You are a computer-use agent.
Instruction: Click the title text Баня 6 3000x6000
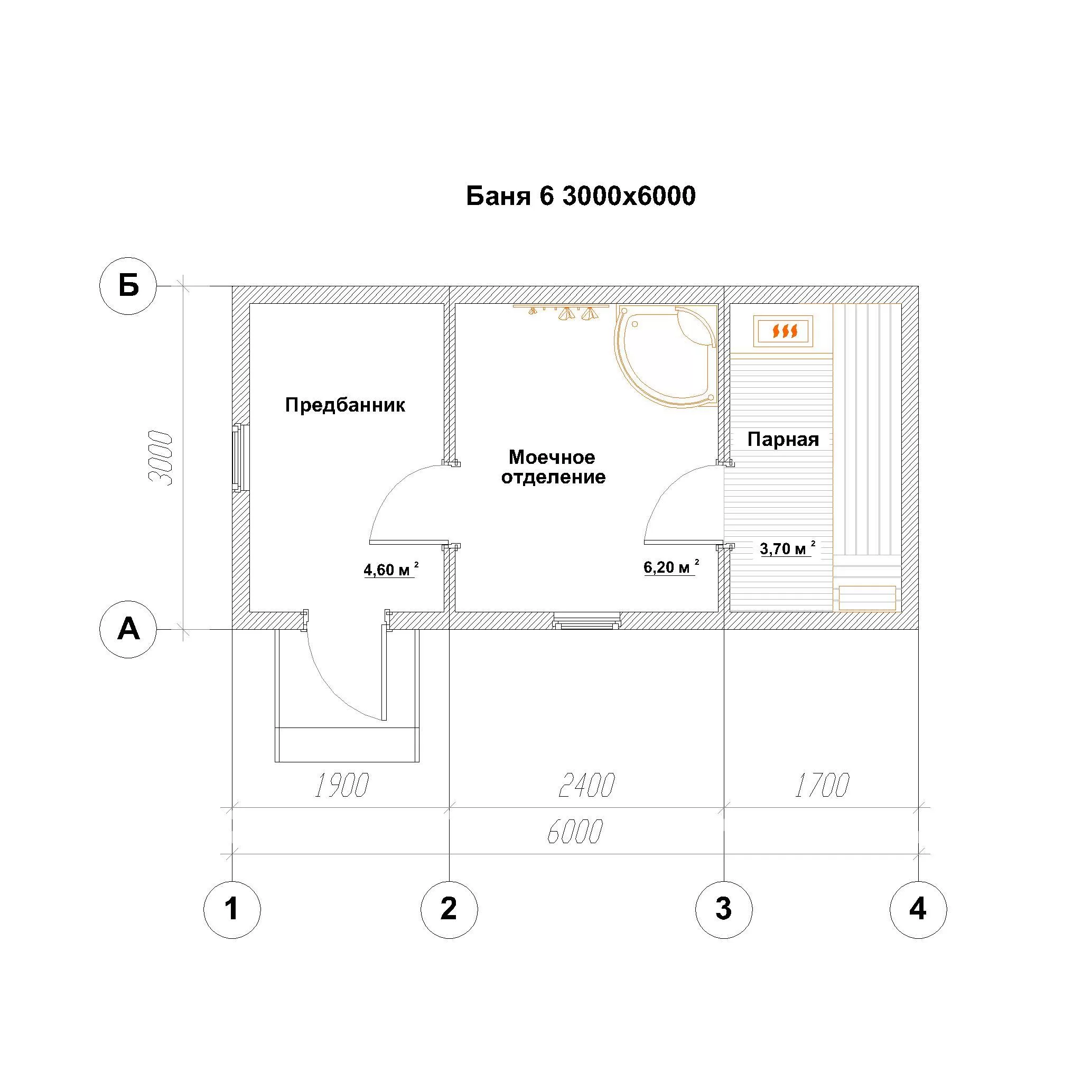click(581, 196)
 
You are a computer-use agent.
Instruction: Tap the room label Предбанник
click(345, 404)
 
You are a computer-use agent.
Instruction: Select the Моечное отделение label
click(553, 467)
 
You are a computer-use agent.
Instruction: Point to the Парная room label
click(783, 439)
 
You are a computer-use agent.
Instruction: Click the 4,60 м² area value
click(391, 569)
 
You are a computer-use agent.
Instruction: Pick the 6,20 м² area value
click(671, 566)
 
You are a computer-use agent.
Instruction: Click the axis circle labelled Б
click(128, 286)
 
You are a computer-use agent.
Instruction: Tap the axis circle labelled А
click(128, 629)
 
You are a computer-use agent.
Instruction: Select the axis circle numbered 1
click(232, 910)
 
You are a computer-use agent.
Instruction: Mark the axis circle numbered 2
click(449, 910)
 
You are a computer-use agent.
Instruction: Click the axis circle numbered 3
click(724, 910)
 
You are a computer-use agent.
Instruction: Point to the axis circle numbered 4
click(918, 910)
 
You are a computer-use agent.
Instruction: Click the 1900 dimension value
click(341, 785)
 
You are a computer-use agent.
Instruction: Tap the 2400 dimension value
click(587, 785)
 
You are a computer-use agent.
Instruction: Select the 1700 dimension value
click(822, 785)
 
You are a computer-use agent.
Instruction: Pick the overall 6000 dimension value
click(575, 832)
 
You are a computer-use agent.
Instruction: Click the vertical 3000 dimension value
click(160, 458)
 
